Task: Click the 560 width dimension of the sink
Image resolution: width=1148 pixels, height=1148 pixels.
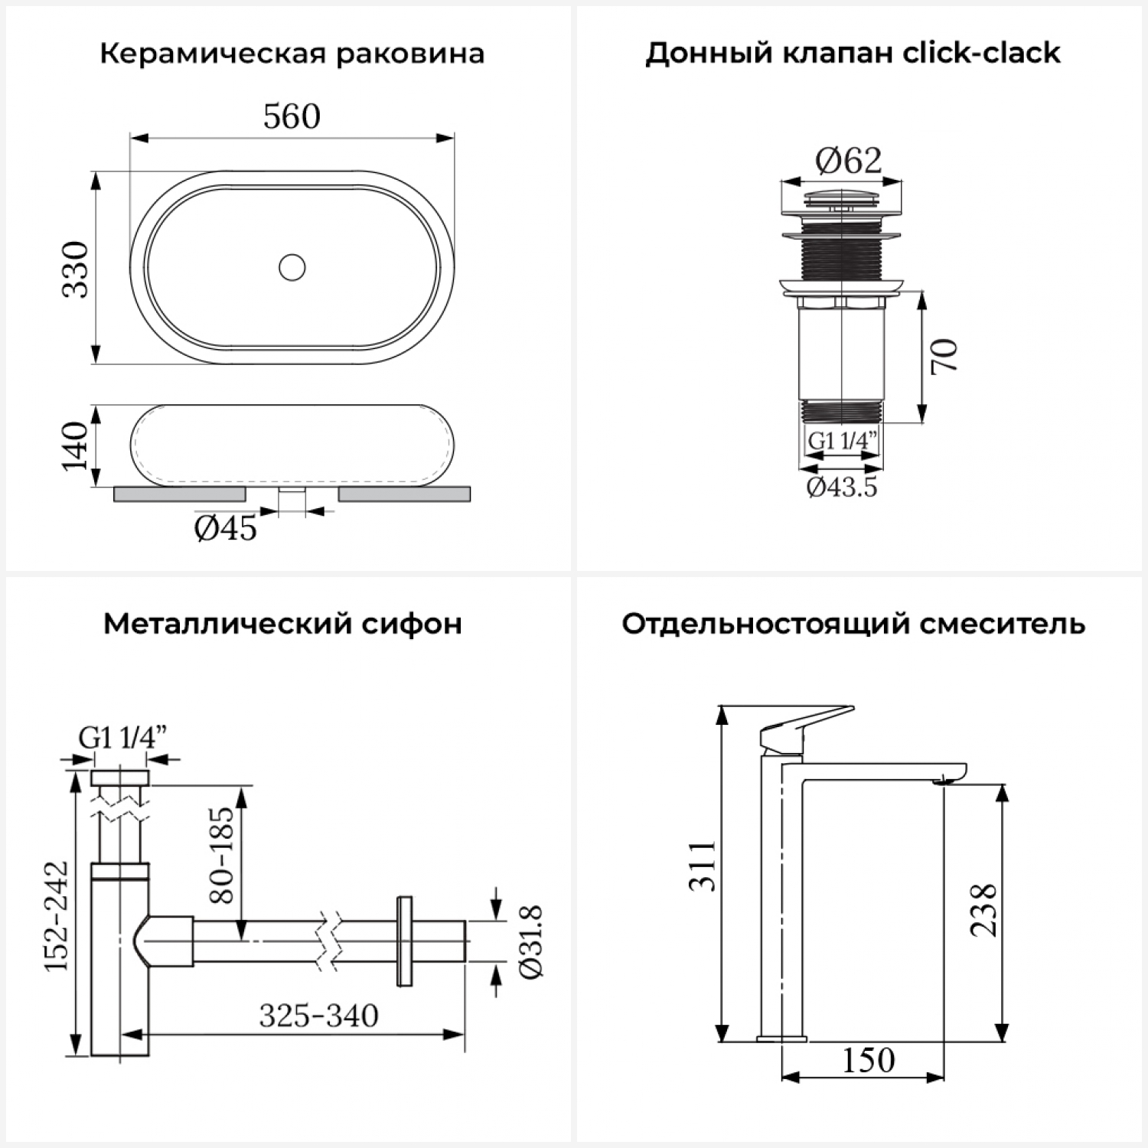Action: click(x=292, y=116)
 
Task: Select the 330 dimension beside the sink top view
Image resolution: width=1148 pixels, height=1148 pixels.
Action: click(x=76, y=269)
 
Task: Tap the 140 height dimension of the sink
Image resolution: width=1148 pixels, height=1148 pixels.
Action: click(x=76, y=445)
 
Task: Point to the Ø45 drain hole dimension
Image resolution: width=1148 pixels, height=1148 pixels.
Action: click(x=226, y=528)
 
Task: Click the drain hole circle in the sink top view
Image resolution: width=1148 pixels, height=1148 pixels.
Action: click(x=292, y=267)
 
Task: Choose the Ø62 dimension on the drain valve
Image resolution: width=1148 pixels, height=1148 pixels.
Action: click(x=849, y=161)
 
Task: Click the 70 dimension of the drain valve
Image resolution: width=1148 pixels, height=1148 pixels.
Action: click(x=944, y=355)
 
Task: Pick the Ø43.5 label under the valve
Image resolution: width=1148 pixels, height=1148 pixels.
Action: click(x=842, y=487)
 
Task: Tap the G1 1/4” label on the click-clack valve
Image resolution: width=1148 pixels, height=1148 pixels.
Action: click(x=843, y=441)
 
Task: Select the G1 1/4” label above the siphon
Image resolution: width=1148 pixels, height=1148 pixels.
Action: click(x=122, y=737)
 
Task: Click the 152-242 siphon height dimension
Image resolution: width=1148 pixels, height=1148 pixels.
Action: click(x=56, y=916)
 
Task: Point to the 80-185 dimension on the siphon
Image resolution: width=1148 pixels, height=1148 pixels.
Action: click(x=222, y=855)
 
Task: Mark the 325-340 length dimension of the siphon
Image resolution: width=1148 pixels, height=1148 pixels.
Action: click(x=318, y=1016)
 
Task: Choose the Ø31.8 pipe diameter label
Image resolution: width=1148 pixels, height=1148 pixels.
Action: click(x=530, y=941)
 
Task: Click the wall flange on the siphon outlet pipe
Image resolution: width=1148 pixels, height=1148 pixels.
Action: click(x=404, y=941)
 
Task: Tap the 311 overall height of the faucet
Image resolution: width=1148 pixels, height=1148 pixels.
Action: click(x=702, y=866)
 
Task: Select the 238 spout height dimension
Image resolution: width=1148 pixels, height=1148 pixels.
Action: click(x=983, y=910)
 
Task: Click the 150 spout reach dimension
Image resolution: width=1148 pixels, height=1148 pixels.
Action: click(x=869, y=1060)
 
